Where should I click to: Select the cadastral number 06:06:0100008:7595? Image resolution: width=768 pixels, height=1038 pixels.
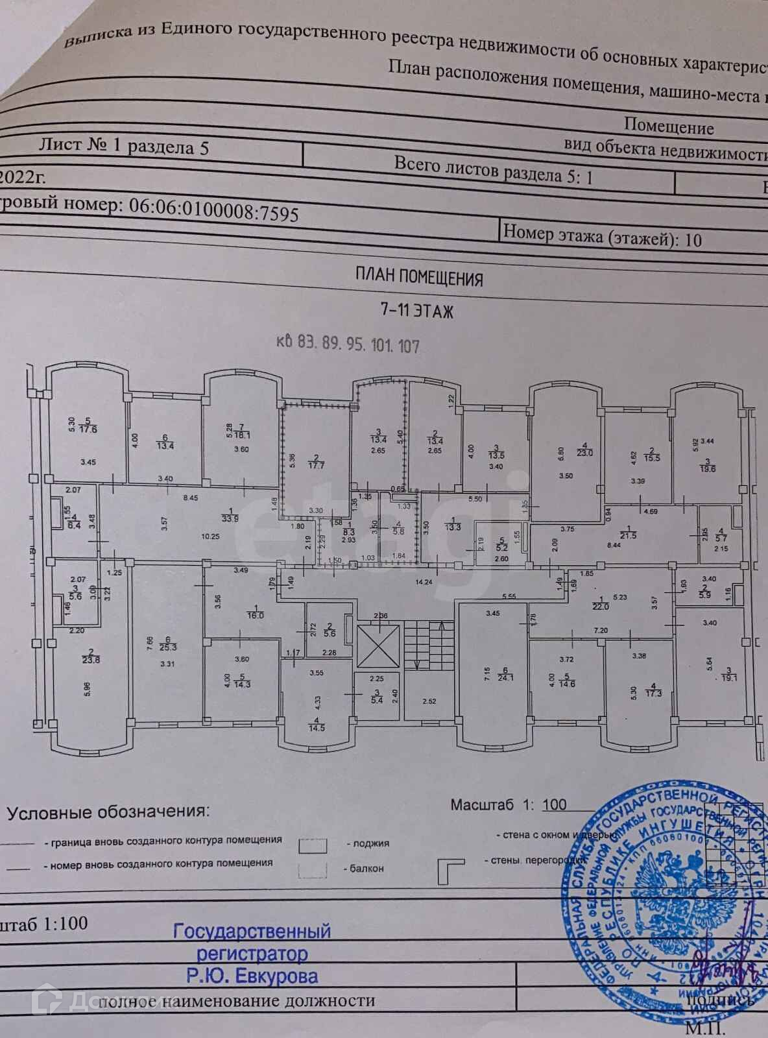(x=214, y=209)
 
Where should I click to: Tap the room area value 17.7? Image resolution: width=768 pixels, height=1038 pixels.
(x=317, y=465)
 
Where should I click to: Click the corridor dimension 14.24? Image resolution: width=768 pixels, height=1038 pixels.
(x=424, y=582)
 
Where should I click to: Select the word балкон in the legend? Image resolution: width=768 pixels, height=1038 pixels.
(x=366, y=867)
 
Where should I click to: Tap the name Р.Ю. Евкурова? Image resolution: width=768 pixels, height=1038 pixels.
(x=252, y=975)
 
